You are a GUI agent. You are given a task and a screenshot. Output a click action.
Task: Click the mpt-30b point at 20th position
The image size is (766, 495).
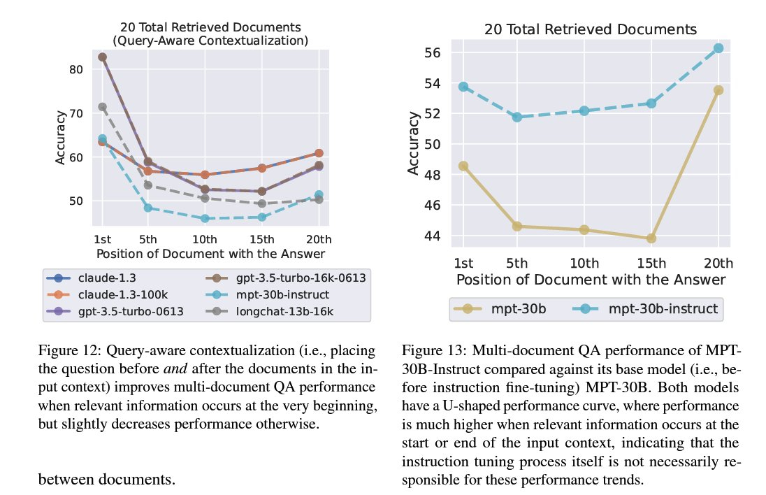(718, 90)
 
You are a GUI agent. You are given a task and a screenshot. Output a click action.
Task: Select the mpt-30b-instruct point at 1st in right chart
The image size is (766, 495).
(463, 87)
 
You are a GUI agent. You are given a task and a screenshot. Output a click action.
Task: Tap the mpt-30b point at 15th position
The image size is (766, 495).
(651, 238)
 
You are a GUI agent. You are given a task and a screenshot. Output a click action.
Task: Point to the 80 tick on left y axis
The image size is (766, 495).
(75, 70)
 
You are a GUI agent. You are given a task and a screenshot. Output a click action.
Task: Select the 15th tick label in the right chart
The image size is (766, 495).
(651, 264)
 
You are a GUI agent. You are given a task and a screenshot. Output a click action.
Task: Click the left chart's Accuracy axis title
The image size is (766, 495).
(61, 136)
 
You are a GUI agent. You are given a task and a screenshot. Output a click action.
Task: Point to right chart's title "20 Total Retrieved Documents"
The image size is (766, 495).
(590, 29)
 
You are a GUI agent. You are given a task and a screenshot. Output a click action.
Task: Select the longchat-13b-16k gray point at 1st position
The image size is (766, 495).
(102, 107)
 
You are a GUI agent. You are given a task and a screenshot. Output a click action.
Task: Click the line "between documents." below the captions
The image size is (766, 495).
(107, 479)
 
